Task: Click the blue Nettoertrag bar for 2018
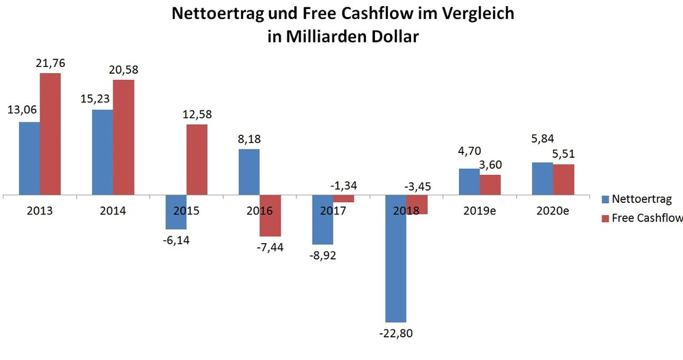pos(396,259)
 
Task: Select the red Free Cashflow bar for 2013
pos(50,134)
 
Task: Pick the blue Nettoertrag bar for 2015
pos(176,212)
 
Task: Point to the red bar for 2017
pos(344,199)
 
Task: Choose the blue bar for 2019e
pos(469,182)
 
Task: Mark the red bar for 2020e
pos(563,180)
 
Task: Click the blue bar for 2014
pos(102,152)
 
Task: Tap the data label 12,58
pos(197,114)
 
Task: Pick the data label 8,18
pos(249,139)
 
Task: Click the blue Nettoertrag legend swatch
pos(605,200)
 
